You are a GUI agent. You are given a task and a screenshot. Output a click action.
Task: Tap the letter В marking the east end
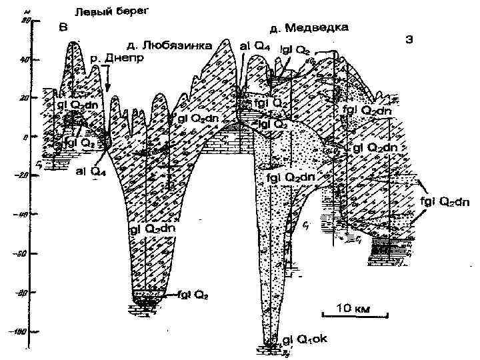pos(63,27)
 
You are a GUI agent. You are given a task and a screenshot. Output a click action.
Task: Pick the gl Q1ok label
pos(305,339)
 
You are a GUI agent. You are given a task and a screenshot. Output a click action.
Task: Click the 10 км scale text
pos(347,308)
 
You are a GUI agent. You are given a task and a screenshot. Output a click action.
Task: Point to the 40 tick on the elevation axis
pos(25,59)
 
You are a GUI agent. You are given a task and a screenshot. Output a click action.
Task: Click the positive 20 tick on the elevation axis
pos(25,97)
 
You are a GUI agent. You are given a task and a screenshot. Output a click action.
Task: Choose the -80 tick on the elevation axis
pos(21,292)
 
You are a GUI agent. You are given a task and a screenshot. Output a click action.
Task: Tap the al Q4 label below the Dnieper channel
pos(89,171)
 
